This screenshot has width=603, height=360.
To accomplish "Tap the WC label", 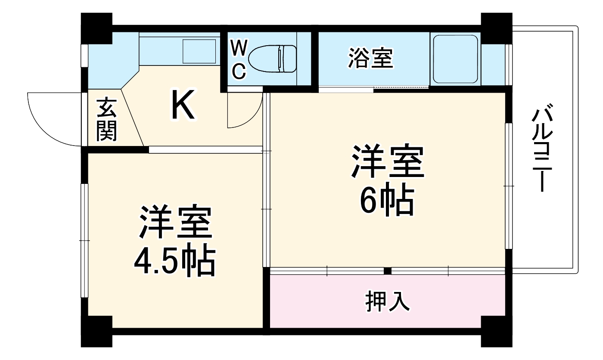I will pyautogui.click(x=239, y=59).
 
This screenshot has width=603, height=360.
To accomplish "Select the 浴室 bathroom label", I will pyautogui.click(x=370, y=59).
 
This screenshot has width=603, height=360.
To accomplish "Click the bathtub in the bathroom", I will pyautogui.click(x=455, y=59).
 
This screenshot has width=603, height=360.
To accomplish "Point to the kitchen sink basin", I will pyautogui.click(x=199, y=51).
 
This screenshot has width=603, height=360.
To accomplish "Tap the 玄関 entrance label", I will pyautogui.click(x=106, y=120).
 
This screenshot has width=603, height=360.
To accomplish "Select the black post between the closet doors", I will pyautogui.click(x=387, y=271).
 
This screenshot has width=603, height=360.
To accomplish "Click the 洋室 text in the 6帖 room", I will pyautogui.click(x=388, y=162).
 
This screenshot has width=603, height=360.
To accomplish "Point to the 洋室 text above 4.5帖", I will pyautogui.click(x=175, y=223).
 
